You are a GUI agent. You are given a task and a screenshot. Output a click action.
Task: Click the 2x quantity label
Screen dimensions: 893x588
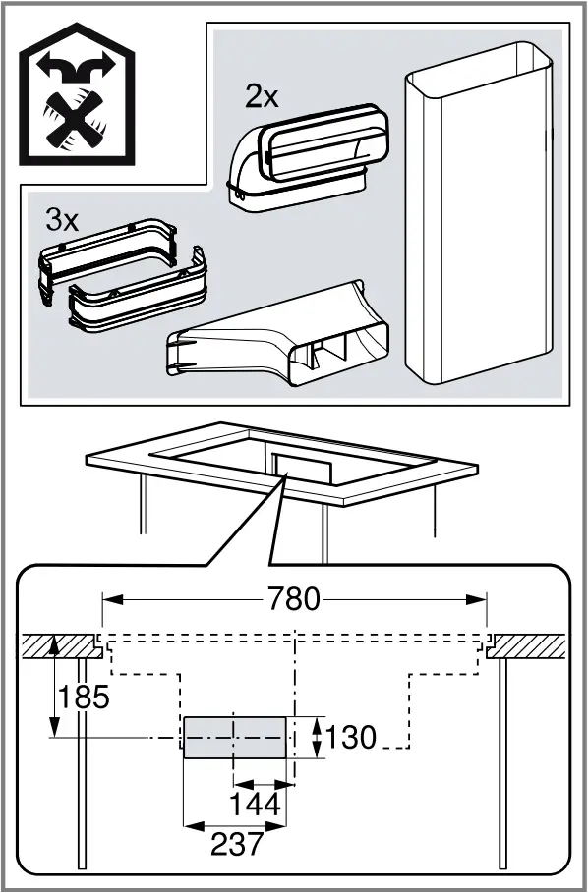coord(263,96)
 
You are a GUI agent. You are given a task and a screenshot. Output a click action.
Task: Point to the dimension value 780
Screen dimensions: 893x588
coord(293,598)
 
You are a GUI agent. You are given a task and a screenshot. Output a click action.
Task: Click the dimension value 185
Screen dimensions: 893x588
coord(83,698)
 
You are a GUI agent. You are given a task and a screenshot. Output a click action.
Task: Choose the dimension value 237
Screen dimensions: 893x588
coord(236,843)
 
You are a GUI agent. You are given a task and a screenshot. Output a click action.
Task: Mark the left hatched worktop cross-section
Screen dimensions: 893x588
coord(59,646)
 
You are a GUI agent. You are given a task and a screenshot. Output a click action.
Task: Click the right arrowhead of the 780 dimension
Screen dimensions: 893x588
coord(482,598)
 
